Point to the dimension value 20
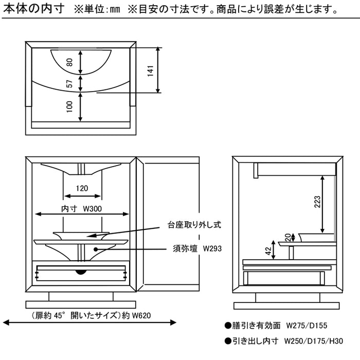click(286, 237)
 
